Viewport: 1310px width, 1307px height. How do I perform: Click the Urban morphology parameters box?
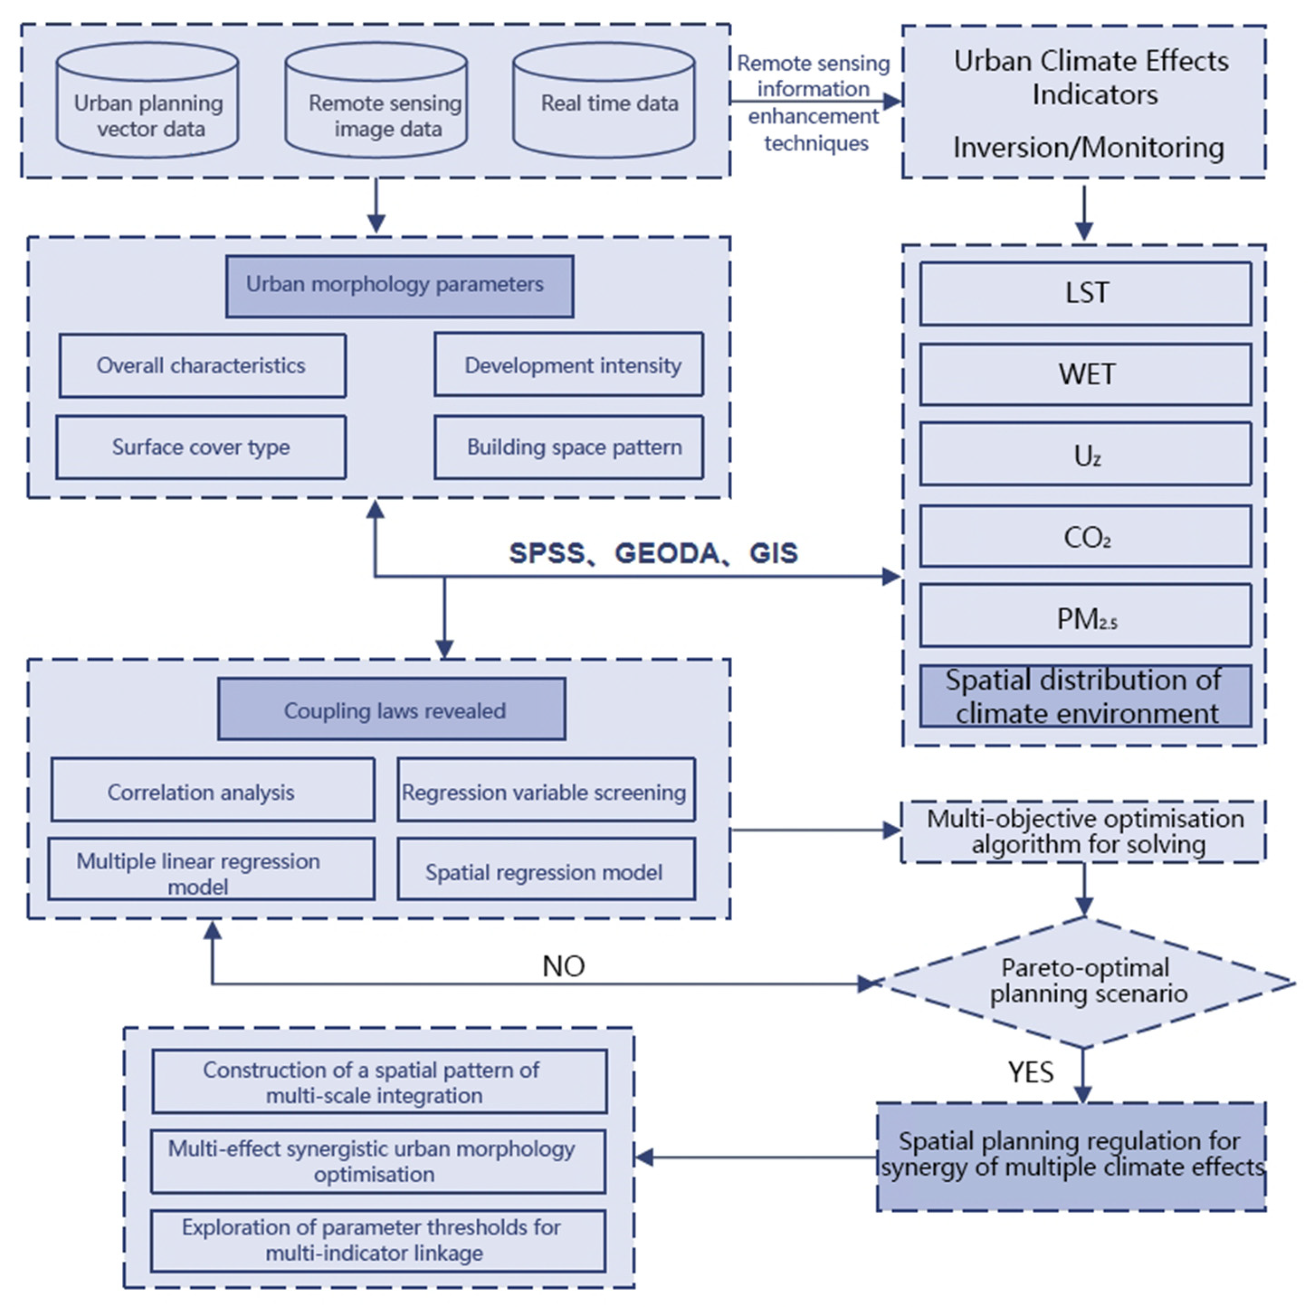[399, 286]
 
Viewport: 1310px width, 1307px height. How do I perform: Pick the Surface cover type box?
[201, 447]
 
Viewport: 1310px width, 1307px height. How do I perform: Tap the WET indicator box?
[1085, 374]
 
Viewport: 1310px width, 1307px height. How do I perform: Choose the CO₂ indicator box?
[1085, 537]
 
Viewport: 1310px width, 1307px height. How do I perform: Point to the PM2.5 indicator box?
[1085, 617]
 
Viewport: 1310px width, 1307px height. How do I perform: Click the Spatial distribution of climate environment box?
[1085, 696]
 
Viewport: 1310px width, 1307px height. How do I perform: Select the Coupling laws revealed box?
[392, 710]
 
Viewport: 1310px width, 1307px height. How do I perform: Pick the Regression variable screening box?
[546, 790]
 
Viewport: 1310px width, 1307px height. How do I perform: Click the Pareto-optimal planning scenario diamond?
[1085, 982]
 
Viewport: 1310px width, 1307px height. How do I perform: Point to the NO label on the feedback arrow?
[563, 966]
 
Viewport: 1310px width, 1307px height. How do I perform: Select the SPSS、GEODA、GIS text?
[653, 553]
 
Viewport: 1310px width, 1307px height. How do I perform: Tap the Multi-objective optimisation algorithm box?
[1084, 832]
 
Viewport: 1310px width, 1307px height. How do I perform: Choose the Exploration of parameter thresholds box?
[378, 1241]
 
